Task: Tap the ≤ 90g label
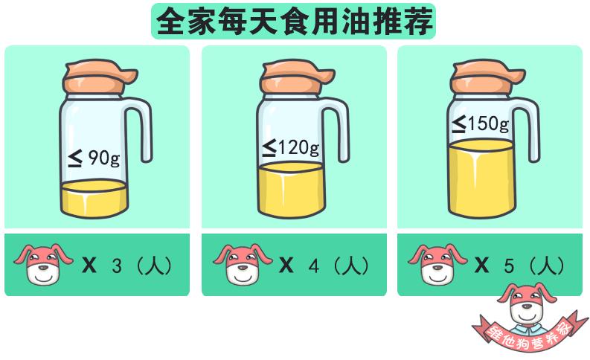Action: point(94,158)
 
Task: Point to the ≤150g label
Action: point(481,123)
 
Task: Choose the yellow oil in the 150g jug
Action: point(481,179)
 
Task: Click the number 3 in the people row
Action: point(116,266)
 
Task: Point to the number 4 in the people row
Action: point(313,266)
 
